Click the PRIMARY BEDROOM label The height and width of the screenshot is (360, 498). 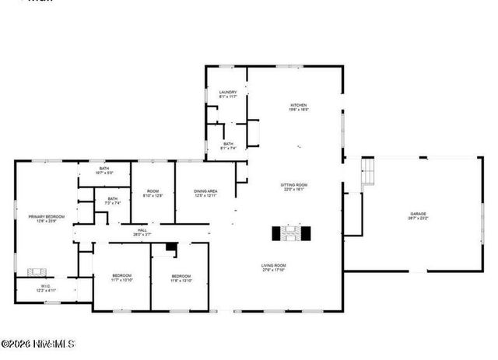[x=46, y=216]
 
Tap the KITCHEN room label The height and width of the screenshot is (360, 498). [x=300, y=105]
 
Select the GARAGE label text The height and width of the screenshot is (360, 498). [x=419, y=213]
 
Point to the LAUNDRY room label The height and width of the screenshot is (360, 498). [x=227, y=92]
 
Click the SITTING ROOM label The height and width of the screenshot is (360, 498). [x=294, y=184]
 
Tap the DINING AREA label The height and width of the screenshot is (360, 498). [x=205, y=190]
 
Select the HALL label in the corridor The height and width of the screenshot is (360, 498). [x=142, y=230]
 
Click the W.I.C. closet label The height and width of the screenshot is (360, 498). [x=46, y=285]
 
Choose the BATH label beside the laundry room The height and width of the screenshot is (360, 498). [x=228, y=143]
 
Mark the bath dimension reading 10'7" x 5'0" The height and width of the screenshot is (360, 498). [x=103, y=173]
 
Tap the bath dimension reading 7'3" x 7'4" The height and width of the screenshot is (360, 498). [x=113, y=203]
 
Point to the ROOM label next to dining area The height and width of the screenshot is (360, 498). [x=153, y=190]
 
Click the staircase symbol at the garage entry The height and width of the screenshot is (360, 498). [x=367, y=173]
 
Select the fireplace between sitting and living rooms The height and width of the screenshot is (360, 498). [x=292, y=233]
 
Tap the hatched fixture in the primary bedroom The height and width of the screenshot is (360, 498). [x=37, y=272]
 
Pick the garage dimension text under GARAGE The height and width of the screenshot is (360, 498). [x=419, y=218]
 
